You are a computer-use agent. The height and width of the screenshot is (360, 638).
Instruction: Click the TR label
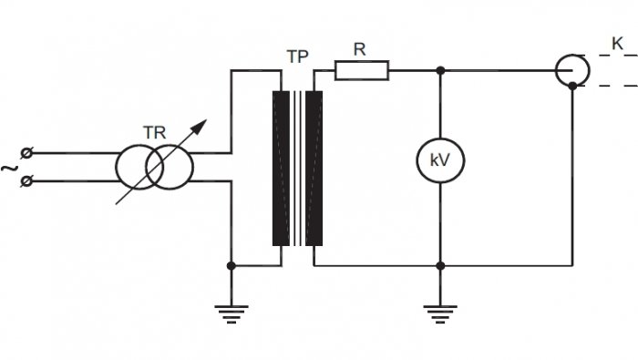point(154,133)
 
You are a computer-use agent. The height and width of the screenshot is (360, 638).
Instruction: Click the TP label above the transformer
point(297,57)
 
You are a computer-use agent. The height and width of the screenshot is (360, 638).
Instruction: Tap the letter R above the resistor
point(360,49)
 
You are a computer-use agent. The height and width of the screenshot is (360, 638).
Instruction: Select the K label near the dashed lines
point(617,44)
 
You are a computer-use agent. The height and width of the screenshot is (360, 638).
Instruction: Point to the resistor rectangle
point(362,70)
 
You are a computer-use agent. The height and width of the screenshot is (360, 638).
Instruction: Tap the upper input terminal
point(26,153)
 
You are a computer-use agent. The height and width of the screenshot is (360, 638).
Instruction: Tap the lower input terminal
point(26,180)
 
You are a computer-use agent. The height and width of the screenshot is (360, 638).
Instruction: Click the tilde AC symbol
point(9,168)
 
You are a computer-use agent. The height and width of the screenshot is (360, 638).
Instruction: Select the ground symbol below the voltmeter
point(440,314)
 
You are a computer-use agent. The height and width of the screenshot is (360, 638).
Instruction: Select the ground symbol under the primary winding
point(232,314)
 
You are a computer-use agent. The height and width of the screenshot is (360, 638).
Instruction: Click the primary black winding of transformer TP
point(281,169)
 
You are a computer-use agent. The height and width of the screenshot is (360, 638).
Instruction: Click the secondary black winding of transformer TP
point(314,169)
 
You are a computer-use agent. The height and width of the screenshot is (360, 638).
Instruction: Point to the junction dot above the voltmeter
point(440,71)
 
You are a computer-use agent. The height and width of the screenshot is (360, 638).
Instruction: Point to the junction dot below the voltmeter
point(440,266)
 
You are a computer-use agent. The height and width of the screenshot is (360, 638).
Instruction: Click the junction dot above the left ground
point(232,266)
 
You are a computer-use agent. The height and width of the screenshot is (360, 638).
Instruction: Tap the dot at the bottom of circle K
point(572,86)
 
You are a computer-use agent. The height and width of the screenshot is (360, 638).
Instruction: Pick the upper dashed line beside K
point(605,55)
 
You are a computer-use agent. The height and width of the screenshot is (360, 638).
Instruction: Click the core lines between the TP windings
point(298,169)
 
